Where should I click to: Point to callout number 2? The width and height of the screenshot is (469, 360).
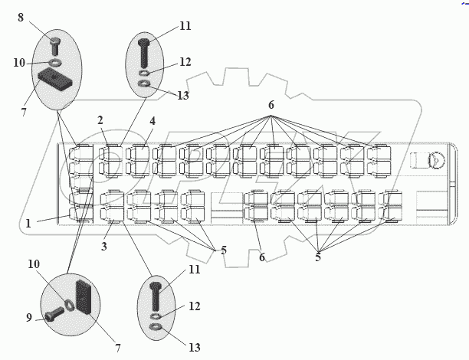[x=100, y=120]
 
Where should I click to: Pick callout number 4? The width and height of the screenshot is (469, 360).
[x=153, y=120]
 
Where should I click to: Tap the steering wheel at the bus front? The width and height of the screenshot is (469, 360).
[x=435, y=159]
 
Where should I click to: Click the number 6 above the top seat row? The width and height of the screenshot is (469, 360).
[x=271, y=104]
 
